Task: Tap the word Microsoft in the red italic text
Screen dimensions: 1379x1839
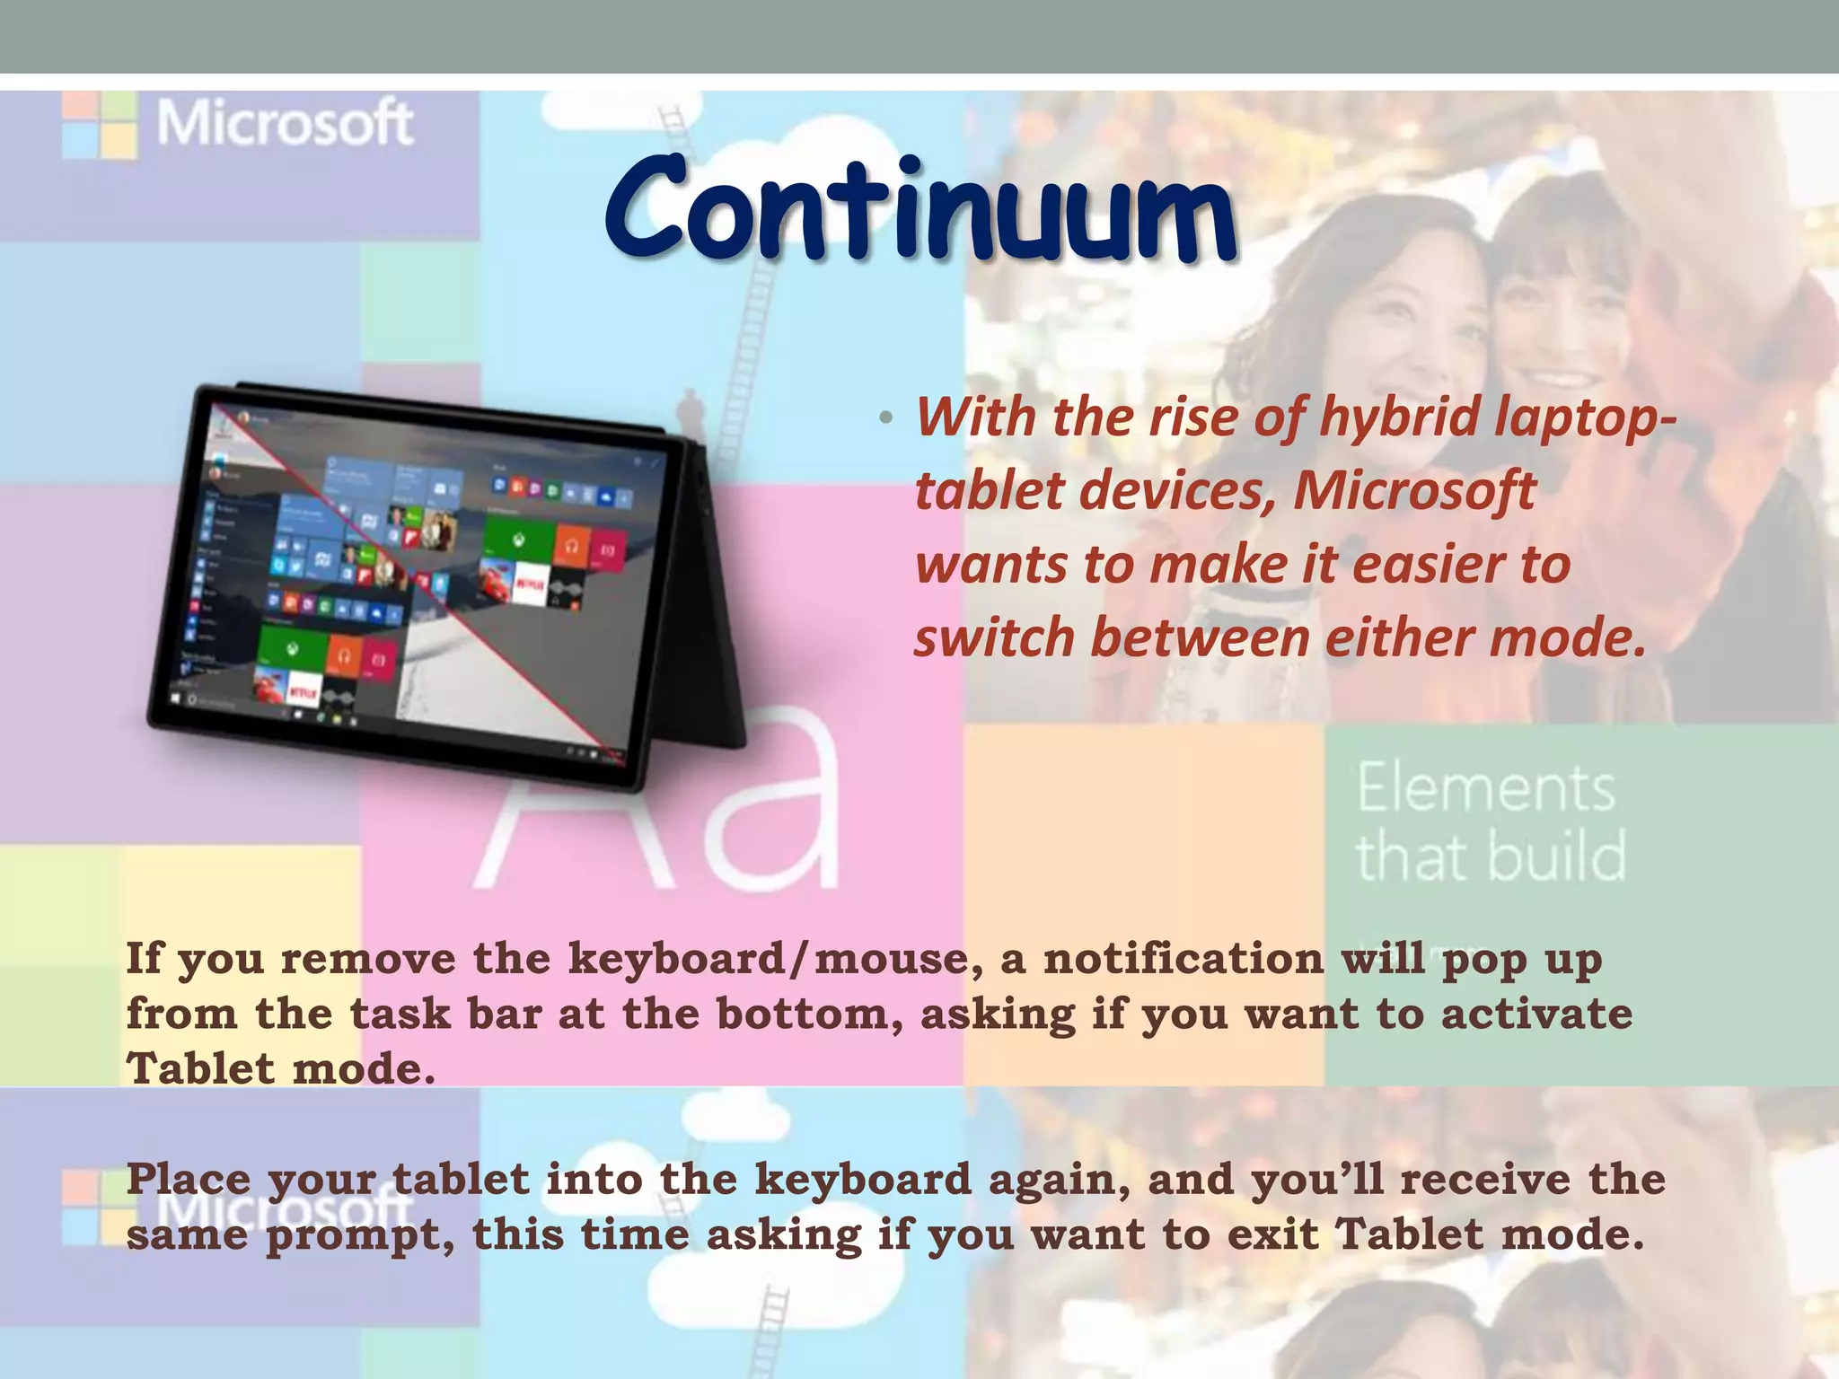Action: [x=1413, y=491]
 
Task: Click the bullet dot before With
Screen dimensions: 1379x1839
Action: [x=886, y=418]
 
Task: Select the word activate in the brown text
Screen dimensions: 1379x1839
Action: [x=1536, y=1014]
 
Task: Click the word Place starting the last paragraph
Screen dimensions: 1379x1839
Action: [x=188, y=1179]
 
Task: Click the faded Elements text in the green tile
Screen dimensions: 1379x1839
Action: [x=1485, y=788]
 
